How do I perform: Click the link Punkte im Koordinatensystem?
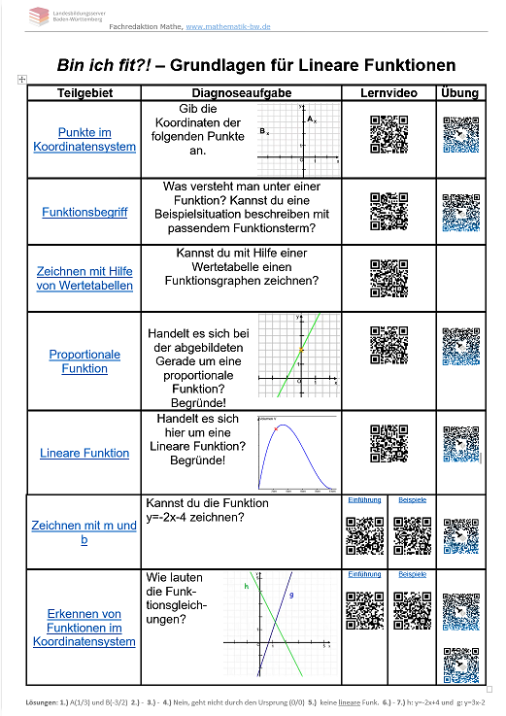[x=84, y=139]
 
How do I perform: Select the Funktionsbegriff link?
[x=84, y=211]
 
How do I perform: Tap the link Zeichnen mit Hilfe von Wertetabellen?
[x=84, y=278]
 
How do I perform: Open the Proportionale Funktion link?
[x=84, y=361]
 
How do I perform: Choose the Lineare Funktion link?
[x=84, y=453]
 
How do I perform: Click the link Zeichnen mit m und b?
[x=84, y=532]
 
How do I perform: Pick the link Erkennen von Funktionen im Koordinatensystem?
[x=84, y=628]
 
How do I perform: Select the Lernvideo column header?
[x=388, y=93]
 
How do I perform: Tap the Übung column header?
[x=459, y=93]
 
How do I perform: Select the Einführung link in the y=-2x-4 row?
[x=364, y=499]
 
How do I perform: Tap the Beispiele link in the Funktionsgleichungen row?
[x=412, y=574]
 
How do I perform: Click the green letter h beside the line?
[x=247, y=587]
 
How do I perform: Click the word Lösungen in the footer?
[x=44, y=700]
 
